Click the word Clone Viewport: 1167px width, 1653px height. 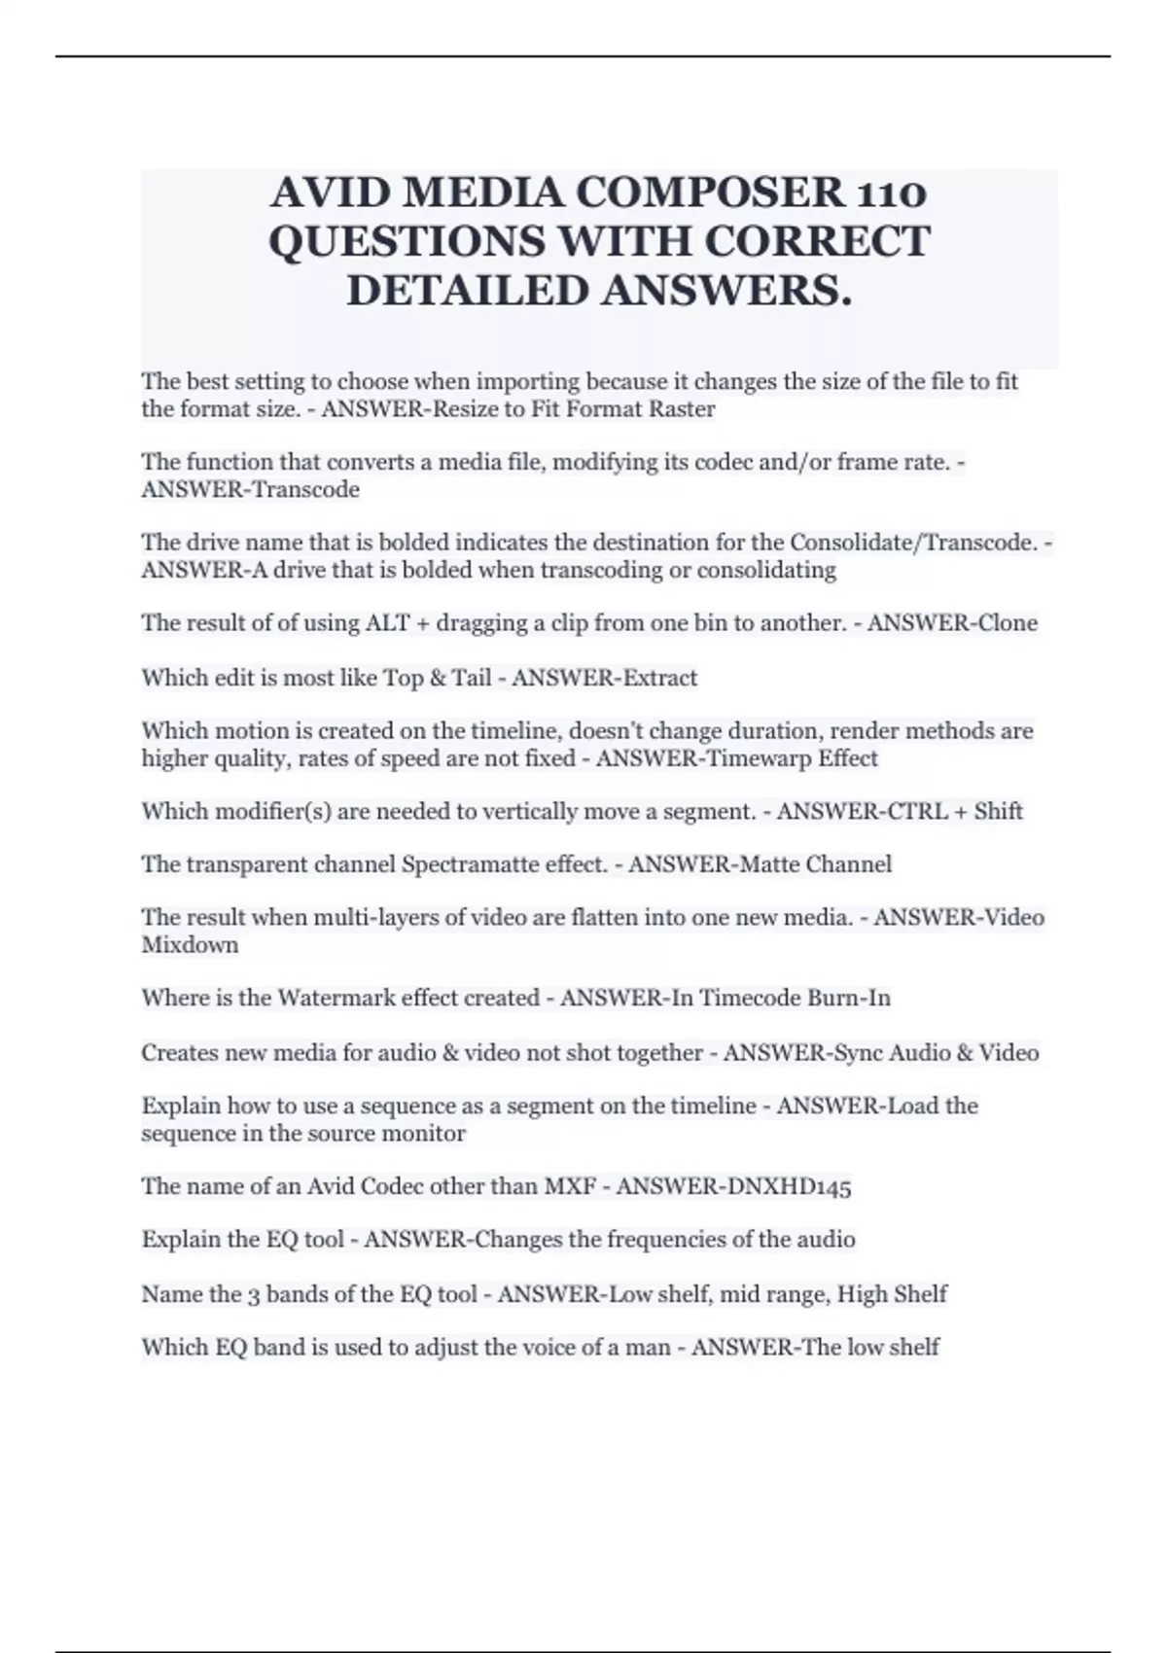pyautogui.click(x=1007, y=622)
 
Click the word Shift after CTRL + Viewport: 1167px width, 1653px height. pyautogui.click(x=998, y=811)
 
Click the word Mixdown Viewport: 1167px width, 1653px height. pyautogui.click(x=190, y=945)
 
